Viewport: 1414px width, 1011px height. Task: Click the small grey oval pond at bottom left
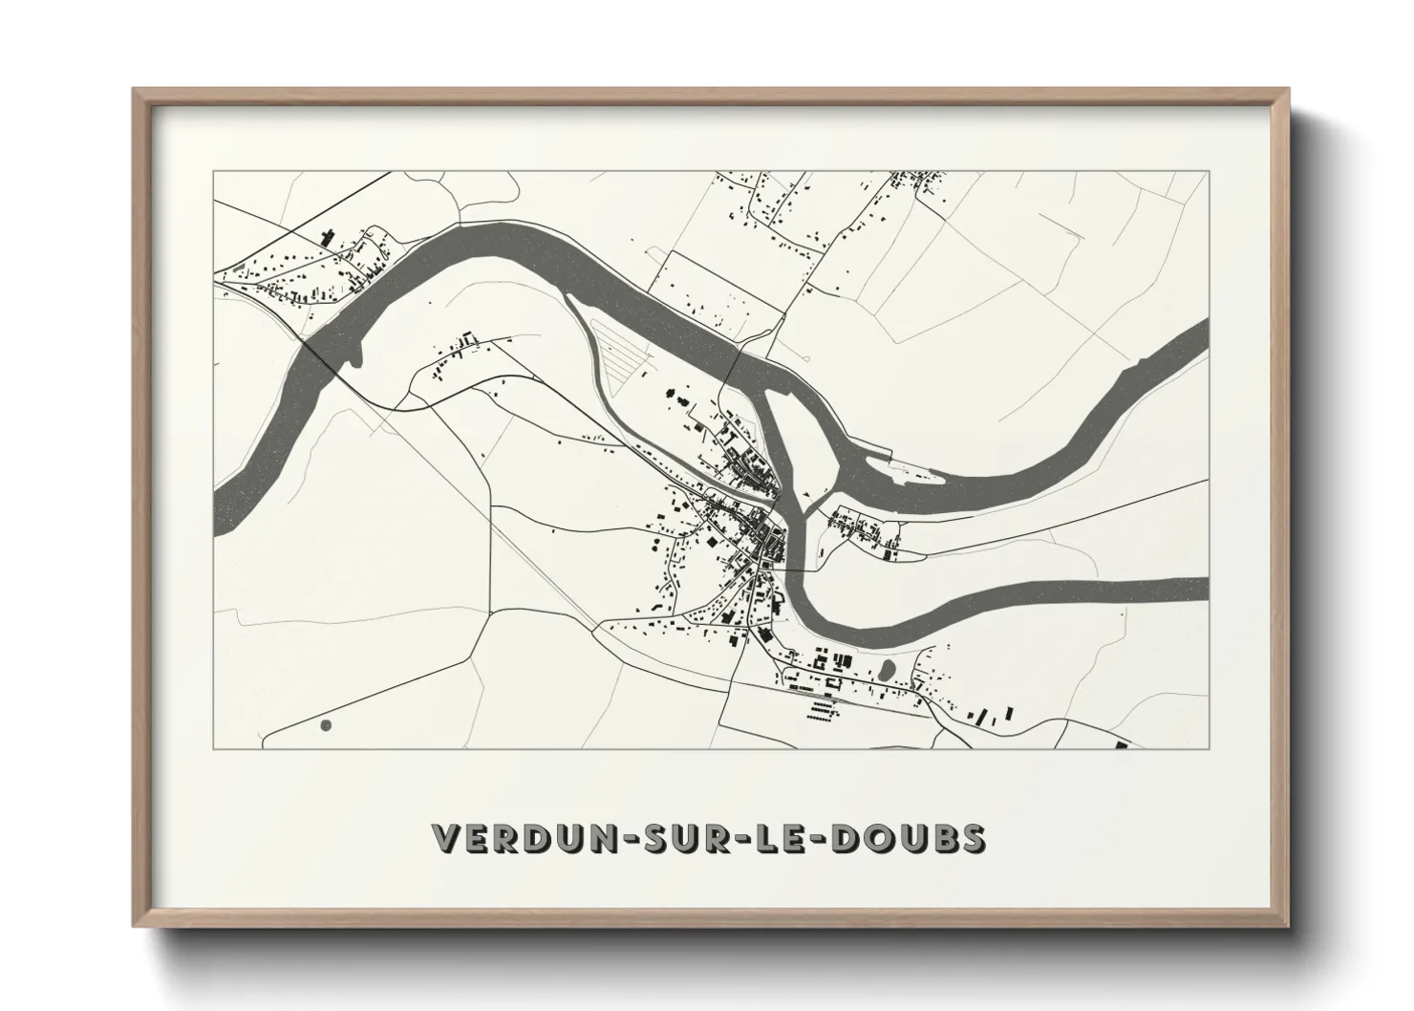coord(325,725)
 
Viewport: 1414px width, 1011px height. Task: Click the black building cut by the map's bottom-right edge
coord(1122,746)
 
